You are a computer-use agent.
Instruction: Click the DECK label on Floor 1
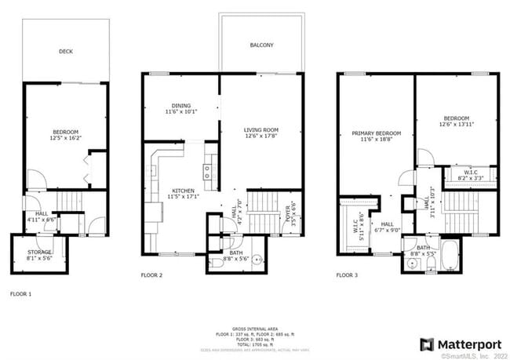pos(66,53)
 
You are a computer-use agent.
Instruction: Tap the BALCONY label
pos(261,45)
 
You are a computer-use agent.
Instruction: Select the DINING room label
pos(181,105)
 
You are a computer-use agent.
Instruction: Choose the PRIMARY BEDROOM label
pos(375,134)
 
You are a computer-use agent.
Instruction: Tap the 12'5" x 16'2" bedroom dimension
pos(66,138)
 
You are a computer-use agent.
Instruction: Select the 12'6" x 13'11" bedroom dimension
pos(456,124)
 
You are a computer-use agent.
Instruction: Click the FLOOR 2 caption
pos(151,275)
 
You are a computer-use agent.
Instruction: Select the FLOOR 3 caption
pos(348,275)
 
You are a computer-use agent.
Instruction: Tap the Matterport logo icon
pos(427,344)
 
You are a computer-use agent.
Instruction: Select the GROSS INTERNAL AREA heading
pos(254,328)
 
